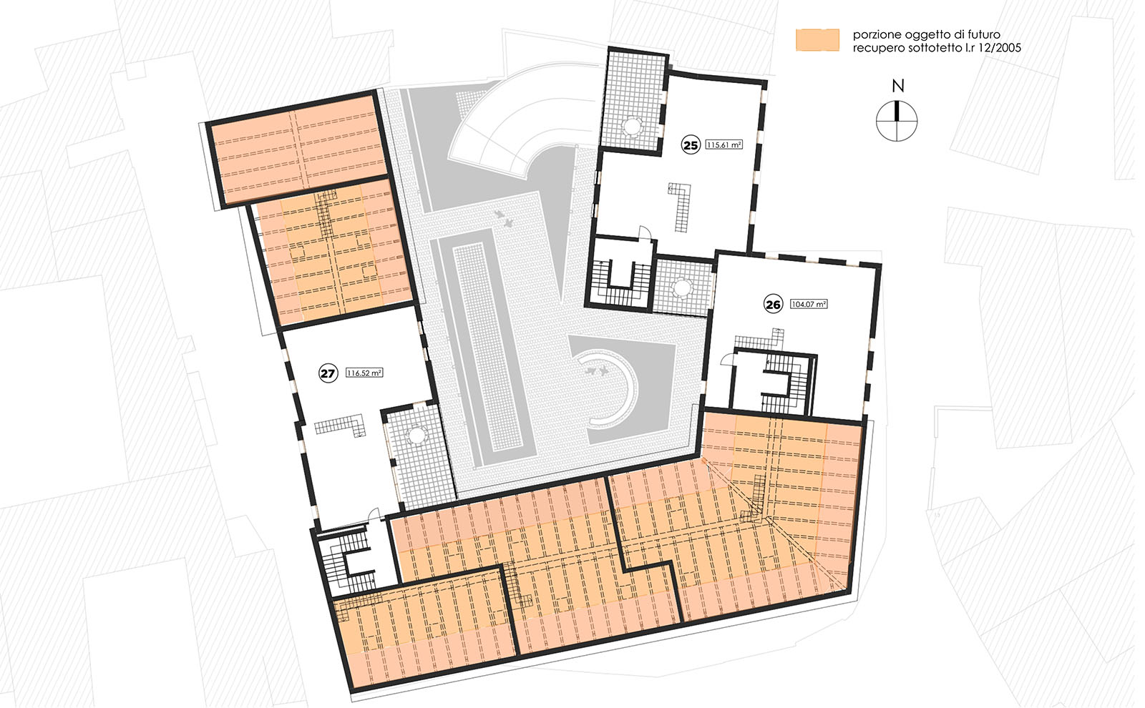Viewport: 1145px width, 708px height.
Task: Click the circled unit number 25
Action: click(x=691, y=145)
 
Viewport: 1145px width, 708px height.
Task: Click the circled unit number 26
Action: click(x=773, y=305)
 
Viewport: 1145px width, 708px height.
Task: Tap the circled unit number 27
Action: click(x=328, y=373)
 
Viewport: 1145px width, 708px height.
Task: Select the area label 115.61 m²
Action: click(x=723, y=144)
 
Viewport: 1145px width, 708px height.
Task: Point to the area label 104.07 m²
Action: click(x=809, y=304)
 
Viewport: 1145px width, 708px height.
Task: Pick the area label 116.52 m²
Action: click(x=364, y=373)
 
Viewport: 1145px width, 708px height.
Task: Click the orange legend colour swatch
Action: click(x=817, y=40)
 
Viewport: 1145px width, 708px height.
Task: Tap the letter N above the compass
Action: click(x=897, y=86)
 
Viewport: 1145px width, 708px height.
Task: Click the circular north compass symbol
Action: click(x=897, y=121)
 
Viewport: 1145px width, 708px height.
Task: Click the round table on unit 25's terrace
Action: click(x=633, y=126)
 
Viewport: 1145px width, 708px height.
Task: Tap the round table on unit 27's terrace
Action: click(x=416, y=436)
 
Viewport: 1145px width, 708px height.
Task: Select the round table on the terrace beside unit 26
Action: click(x=682, y=287)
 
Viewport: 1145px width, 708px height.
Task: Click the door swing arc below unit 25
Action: click(x=645, y=233)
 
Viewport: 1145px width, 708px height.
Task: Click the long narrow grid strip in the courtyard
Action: click(x=487, y=345)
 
